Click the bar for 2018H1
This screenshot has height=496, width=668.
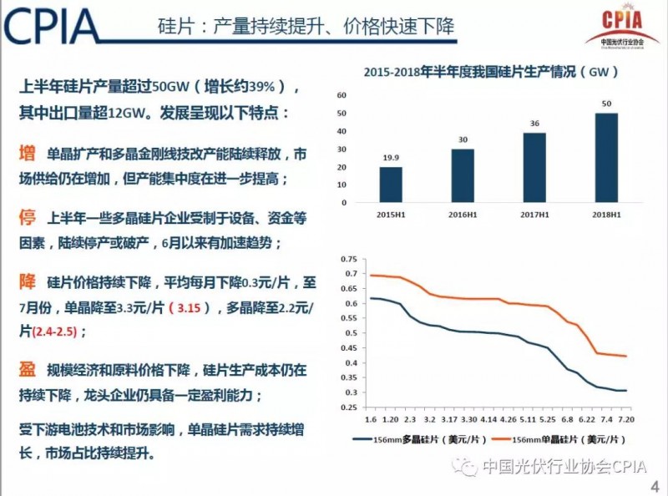click(x=606, y=158)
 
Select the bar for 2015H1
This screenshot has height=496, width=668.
click(x=390, y=185)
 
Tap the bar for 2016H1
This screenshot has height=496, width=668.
click(x=463, y=175)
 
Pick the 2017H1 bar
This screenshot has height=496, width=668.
click(x=534, y=167)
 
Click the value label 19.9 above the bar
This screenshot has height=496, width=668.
click(x=390, y=156)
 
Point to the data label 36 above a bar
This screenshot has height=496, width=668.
click(x=534, y=124)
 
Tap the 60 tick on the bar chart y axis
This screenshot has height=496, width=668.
click(x=342, y=95)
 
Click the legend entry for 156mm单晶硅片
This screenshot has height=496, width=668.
click(x=552, y=437)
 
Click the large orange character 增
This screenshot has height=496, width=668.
click(x=28, y=154)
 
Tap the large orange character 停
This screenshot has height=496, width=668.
click(x=28, y=219)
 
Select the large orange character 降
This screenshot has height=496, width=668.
click(x=28, y=282)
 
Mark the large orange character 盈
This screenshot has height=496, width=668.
click(x=28, y=369)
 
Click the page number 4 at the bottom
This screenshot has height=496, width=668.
click(x=654, y=487)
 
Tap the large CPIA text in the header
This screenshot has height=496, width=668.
click(x=52, y=28)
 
